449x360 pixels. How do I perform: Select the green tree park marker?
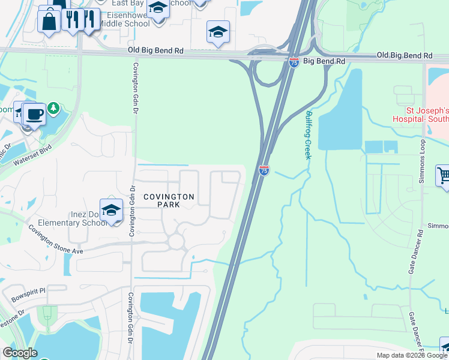pyautogui.click(x=54, y=108)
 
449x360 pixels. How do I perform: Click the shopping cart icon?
pyautogui.click(x=444, y=176)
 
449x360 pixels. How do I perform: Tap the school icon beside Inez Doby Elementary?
pyautogui.click(x=111, y=210)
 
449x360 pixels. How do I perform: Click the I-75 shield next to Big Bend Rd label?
pyautogui.click(x=294, y=62)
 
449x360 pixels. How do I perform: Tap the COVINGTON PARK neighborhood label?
pyautogui.click(x=169, y=200)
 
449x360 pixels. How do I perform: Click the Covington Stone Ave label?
pyautogui.click(x=52, y=241)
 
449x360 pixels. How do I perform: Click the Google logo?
pyautogui.click(x=20, y=353)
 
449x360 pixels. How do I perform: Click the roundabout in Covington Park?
pyautogui.click(x=176, y=241)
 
